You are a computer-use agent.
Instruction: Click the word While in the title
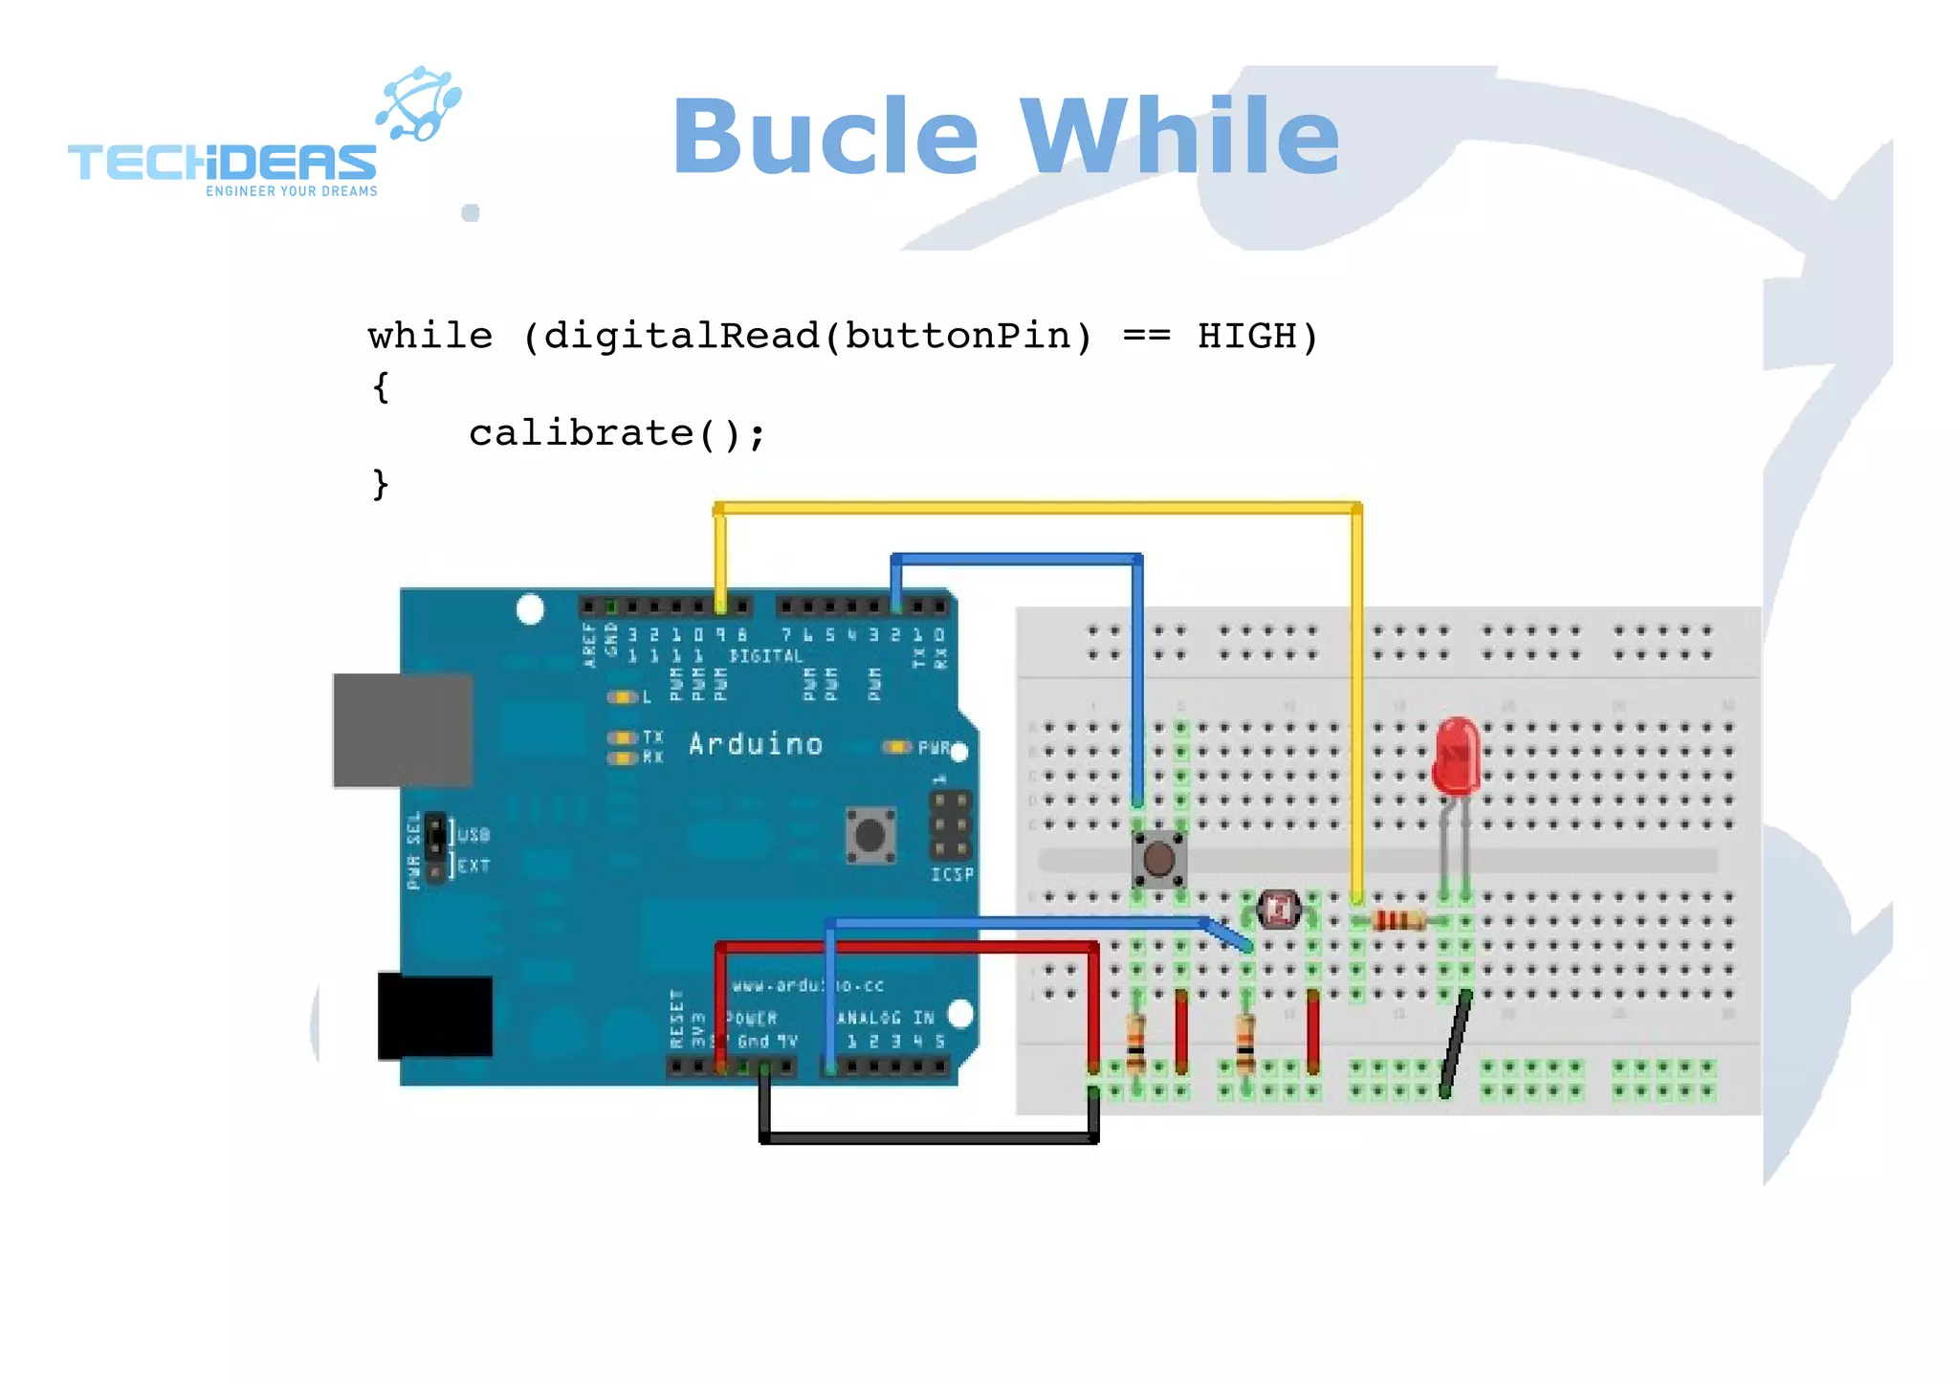point(1180,137)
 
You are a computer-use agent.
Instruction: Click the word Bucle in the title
point(825,137)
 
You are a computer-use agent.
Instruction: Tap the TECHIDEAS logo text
point(222,163)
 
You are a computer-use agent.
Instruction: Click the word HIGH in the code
point(1247,337)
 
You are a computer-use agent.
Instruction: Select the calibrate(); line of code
point(617,434)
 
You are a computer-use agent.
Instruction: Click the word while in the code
point(430,337)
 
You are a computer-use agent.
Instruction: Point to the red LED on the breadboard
point(1456,756)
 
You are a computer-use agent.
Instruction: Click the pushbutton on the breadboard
point(1158,858)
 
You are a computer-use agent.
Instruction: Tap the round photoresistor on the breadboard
point(1278,909)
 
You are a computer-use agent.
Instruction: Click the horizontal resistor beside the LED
point(1397,921)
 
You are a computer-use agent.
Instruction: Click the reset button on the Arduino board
point(869,835)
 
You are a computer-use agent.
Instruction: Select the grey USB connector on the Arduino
point(403,730)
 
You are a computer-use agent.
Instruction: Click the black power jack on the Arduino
point(435,1016)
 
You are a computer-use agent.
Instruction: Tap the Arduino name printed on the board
point(756,744)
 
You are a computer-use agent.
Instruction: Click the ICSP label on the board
point(952,874)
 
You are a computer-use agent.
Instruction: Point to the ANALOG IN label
point(885,1018)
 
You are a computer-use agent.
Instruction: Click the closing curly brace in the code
point(381,484)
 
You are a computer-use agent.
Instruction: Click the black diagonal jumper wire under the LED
point(1455,1044)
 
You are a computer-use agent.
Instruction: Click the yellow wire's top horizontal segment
point(1038,508)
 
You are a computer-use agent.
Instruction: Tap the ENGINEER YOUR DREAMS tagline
point(292,191)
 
